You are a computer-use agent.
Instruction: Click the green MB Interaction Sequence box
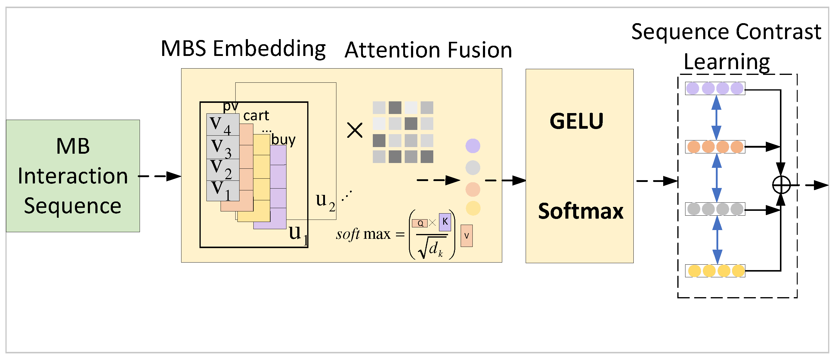(73, 176)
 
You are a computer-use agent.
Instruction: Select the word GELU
(576, 121)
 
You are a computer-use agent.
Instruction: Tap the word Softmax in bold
(580, 211)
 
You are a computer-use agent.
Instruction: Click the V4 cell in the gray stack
(223, 125)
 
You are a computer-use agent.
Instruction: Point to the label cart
(256, 116)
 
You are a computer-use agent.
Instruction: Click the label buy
(283, 140)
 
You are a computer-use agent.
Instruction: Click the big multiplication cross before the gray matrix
(355, 130)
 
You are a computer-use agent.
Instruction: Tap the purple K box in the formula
(445, 222)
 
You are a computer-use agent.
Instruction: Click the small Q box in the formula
(420, 223)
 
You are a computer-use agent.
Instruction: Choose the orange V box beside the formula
(466, 236)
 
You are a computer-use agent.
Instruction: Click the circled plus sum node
(781, 185)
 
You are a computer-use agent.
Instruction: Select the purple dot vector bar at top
(715, 88)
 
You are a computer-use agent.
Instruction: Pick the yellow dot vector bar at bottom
(715, 271)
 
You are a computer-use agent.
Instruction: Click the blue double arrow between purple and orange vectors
(716, 118)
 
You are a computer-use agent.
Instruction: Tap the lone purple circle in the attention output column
(473, 146)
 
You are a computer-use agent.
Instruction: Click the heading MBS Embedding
(243, 49)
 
